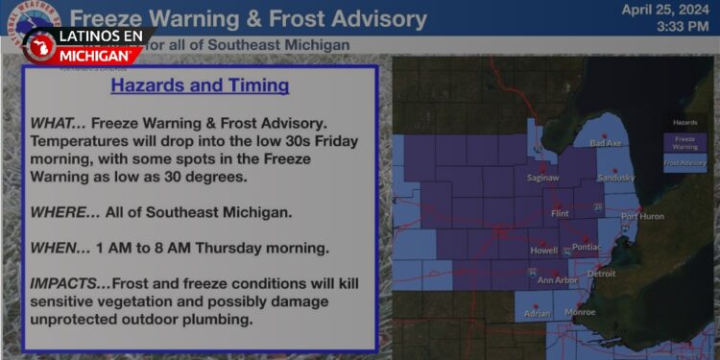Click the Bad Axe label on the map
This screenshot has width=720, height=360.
coord(606,143)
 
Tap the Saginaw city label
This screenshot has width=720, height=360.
coord(542,178)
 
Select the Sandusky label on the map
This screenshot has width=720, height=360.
coord(616,178)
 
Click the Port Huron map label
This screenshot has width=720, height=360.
coord(642,216)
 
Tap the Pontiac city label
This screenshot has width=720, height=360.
coord(585,248)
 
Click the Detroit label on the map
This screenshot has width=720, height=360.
coord(601,274)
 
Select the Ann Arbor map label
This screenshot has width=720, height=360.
coord(557,280)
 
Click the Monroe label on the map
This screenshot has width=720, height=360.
coord(580,312)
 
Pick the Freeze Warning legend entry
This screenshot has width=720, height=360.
coord(684,142)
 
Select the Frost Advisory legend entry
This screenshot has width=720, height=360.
coord(684,163)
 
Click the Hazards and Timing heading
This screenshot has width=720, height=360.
coord(200,85)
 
